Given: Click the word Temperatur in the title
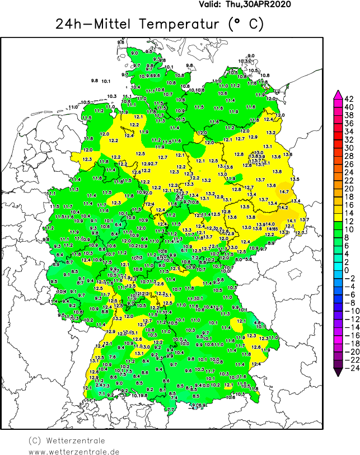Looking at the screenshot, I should pos(181,25).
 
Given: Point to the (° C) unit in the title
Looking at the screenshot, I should pos(245,25).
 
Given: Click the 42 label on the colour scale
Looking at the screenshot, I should pos(348,98).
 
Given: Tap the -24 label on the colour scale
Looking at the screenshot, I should pos(348,368).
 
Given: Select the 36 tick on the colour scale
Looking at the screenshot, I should pos(348,123).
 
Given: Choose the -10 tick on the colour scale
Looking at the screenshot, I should pos(348,311).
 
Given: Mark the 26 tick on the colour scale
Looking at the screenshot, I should pos(348,164).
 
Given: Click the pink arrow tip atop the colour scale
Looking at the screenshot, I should pos(338,93).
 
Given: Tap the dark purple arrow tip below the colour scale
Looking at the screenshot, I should pos(338,370).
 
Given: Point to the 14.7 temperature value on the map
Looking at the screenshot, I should pos(284,192).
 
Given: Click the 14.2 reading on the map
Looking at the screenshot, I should pos(283,208).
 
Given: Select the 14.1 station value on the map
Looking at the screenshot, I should pos(291,221).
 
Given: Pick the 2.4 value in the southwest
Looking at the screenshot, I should pos(99,384).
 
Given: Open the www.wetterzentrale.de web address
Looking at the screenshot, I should pos(74,451).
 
